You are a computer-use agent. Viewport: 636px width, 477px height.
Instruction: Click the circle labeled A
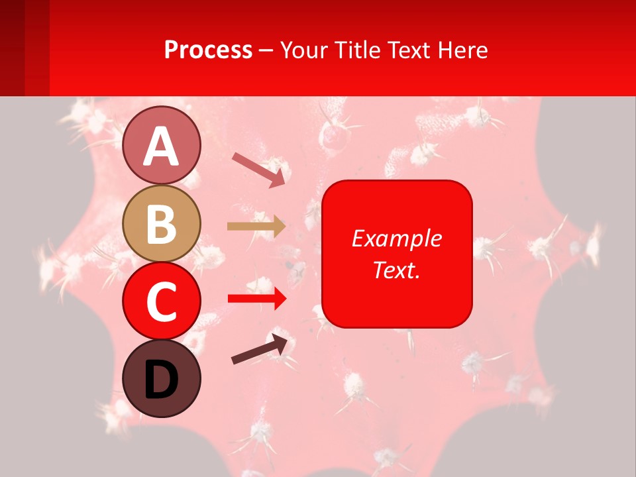coord(162,145)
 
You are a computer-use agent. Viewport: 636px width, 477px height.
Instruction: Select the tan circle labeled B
coord(162,223)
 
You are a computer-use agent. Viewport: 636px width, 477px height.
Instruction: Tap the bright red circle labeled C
coord(162,301)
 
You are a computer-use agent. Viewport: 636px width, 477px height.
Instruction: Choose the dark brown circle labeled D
coord(162,379)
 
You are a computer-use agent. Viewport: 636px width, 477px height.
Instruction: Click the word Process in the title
coord(208,50)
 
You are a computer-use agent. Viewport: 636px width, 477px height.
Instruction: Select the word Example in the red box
coord(397,238)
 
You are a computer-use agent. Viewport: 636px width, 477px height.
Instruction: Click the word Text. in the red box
coord(397,270)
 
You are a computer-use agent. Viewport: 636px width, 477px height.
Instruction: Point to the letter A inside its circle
coord(162,146)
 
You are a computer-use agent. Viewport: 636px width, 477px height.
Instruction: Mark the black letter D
coord(162,380)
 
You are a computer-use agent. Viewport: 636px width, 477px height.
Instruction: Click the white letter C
coord(162,301)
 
